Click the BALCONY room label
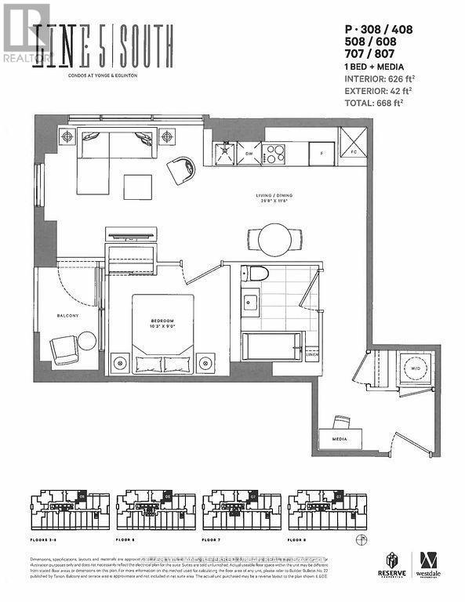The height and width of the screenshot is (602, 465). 67,316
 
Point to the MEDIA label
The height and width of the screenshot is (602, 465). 340,441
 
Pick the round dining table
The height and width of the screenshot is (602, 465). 274,237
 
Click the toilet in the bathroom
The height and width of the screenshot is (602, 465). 255,274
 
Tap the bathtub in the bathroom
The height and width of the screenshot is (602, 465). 271,346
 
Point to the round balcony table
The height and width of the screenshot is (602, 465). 86,340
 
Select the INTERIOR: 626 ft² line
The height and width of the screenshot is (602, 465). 380,78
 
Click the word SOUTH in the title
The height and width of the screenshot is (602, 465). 143,37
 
